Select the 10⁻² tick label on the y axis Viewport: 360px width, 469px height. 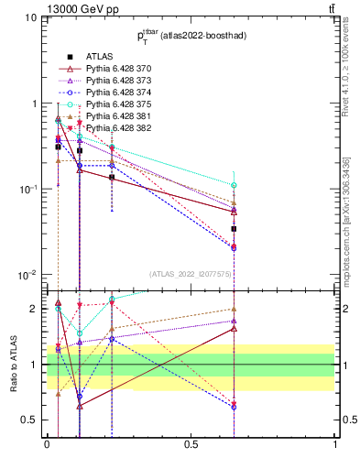point(27,275)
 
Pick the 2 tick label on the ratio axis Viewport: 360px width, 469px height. point(35,309)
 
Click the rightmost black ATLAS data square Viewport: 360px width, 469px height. point(234,229)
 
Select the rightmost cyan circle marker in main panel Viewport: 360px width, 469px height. point(234,185)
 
